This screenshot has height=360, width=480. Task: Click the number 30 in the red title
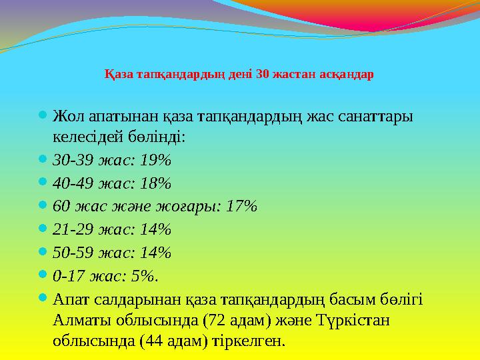[x=261, y=73]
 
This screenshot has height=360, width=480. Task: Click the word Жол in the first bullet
[x=67, y=117]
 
